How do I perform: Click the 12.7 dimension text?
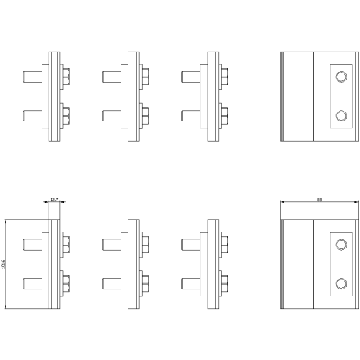pos(54,200)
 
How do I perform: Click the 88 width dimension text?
pos(320,200)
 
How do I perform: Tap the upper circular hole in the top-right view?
pos(342,76)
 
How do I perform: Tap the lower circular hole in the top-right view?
pos(342,116)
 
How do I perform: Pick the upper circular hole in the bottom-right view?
pos(342,244)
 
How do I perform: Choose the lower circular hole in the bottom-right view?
pos(342,284)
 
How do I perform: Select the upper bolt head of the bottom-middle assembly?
pos(145,244)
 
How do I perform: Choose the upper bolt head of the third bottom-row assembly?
pos(224,244)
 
